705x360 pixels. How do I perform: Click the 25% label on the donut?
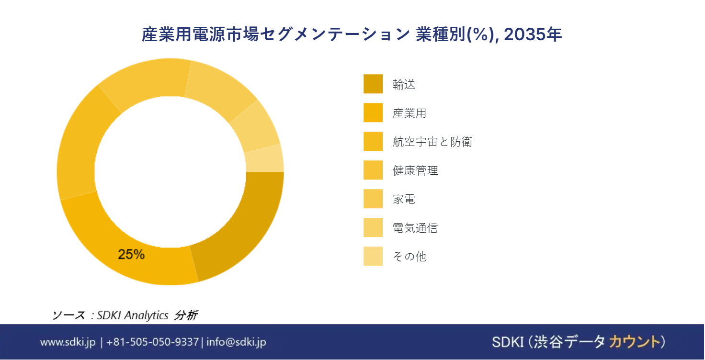coord(131,255)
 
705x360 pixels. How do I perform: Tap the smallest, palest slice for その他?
coord(264,158)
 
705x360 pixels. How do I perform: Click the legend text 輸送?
coord(404,85)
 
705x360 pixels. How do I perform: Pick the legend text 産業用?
coord(409,113)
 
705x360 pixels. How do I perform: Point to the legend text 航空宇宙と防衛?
coord(432,142)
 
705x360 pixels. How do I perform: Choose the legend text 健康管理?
coord(415,170)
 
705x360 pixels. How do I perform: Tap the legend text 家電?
coord(404,199)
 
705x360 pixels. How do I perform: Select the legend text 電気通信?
coord(415,228)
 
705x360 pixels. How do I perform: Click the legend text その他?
coord(409,257)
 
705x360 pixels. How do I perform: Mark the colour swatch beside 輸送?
coord(373,84)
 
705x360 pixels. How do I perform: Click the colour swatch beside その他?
coord(373,257)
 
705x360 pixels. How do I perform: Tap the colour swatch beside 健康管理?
coord(373,170)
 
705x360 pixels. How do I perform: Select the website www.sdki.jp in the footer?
coord(68,342)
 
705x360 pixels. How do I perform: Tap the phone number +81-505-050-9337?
coord(152,342)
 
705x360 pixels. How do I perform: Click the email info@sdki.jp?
coord(236,342)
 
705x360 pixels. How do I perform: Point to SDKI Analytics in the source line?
coord(133,315)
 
